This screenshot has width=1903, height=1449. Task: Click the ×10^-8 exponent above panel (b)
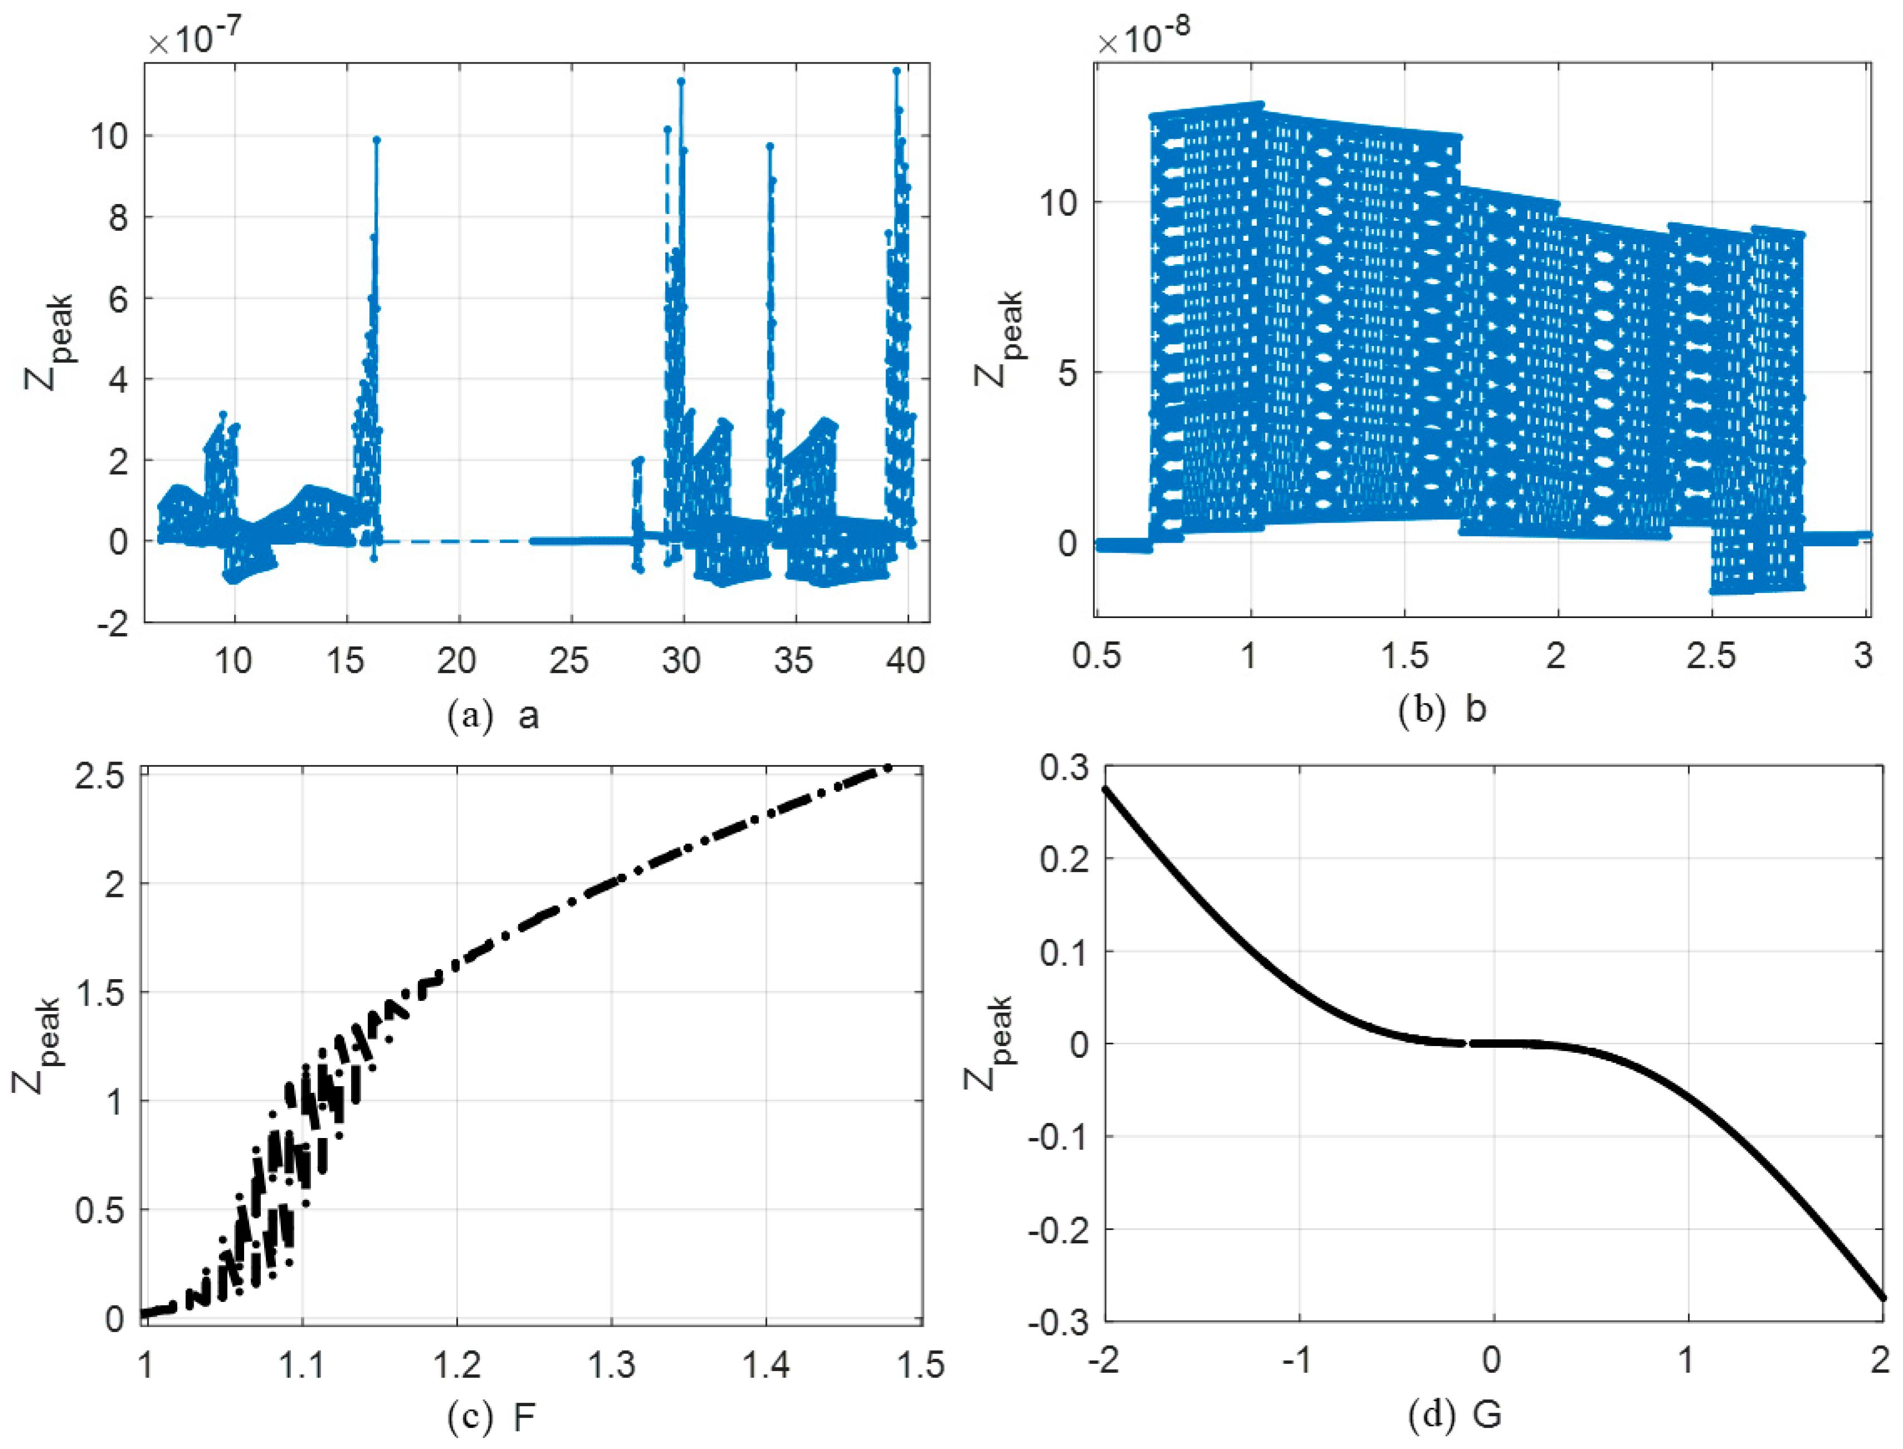(1144, 39)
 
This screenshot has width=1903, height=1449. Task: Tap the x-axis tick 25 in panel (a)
(569, 660)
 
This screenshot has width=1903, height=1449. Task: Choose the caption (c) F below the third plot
(493, 1416)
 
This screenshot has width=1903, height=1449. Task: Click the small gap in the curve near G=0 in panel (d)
(1468, 1044)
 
